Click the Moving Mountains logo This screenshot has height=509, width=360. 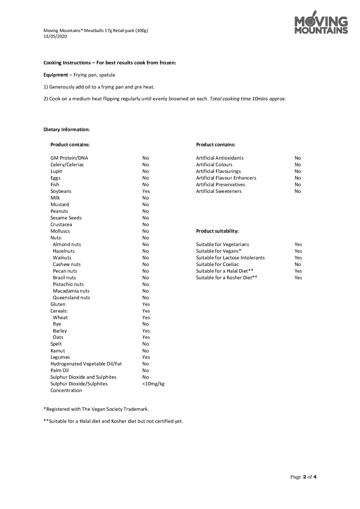coord(321,23)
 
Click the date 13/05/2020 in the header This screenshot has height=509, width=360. coord(55,37)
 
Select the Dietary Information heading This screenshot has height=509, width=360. coord(66,130)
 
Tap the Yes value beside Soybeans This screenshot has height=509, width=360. coord(146,191)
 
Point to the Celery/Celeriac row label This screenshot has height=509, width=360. coord(67,165)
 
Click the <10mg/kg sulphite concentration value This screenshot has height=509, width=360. coord(153,384)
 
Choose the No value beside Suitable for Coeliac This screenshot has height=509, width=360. coord(298,264)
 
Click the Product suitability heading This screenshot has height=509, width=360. coord(217,231)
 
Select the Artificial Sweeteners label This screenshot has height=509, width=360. coord(219,191)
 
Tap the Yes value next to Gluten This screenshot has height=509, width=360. coord(146,304)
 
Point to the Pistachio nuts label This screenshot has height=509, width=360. coord(68,284)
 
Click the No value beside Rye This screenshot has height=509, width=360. coord(146,324)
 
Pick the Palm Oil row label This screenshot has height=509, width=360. coord(60,371)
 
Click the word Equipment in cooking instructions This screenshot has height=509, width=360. coord(56,75)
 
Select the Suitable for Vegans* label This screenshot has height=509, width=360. coord(219,251)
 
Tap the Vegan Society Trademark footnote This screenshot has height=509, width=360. coord(96,409)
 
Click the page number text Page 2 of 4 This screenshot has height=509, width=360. coord(303,477)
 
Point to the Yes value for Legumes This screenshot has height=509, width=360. coord(146,357)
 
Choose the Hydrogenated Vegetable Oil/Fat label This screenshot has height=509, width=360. coord(86,364)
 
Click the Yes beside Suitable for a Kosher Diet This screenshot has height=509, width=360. coord(298,278)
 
